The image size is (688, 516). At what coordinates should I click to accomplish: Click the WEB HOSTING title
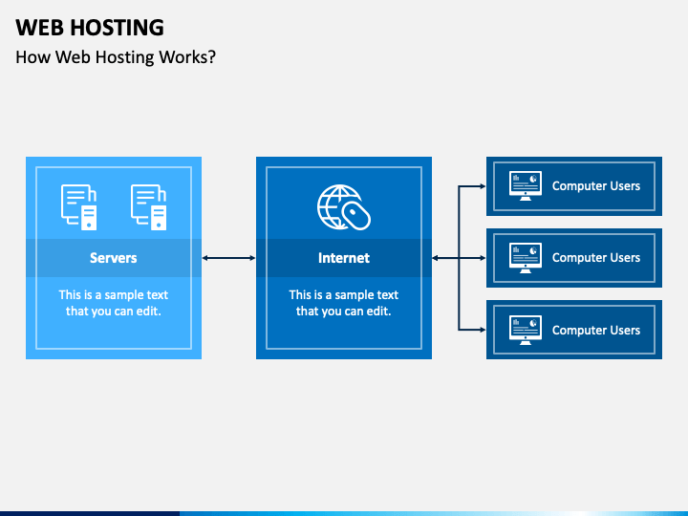[x=90, y=27]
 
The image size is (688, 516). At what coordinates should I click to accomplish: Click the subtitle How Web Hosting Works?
[x=116, y=57]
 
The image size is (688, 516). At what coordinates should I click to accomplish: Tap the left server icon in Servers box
[x=79, y=207]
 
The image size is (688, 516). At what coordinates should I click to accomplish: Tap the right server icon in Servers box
[x=149, y=207]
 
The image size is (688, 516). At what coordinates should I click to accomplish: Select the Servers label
[x=113, y=258]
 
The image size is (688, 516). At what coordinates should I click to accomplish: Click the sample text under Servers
[x=113, y=303]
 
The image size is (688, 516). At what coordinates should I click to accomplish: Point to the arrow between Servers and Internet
[x=228, y=258]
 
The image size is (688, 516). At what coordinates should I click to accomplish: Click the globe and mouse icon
[x=344, y=207]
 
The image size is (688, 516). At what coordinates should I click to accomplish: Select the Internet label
[x=344, y=258]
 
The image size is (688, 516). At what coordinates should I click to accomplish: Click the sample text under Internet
[x=344, y=303]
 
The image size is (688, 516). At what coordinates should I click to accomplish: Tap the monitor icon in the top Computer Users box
[x=526, y=186]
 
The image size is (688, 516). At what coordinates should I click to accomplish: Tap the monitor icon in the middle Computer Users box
[x=526, y=258]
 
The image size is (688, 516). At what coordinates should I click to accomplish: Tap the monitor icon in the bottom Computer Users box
[x=526, y=330]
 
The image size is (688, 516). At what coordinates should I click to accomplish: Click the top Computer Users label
[x=596, y=186]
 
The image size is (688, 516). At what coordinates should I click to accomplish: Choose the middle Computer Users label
[x=596, y=258]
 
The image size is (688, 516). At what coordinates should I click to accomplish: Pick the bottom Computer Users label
[x=596, y=330]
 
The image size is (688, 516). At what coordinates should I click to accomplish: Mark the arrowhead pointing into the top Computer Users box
[x=483, y=186]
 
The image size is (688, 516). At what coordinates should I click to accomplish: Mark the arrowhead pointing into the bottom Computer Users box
[x=483, y=330]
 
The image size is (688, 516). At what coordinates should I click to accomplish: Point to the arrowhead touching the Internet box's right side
[x=436, y=258]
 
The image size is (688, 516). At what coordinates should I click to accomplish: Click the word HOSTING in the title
[x=118, y=27]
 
